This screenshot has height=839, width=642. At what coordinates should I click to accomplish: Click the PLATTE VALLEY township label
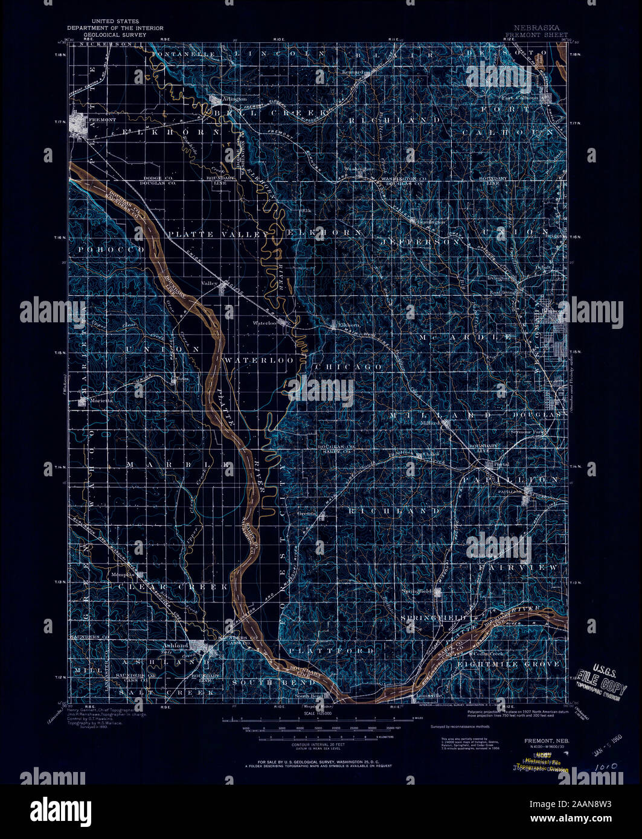218,234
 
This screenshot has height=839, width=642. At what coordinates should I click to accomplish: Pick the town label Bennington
430,222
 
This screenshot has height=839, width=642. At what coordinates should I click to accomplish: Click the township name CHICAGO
348,366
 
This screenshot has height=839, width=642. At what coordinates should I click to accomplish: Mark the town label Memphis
123,575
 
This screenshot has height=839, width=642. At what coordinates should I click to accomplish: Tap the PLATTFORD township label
332,651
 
